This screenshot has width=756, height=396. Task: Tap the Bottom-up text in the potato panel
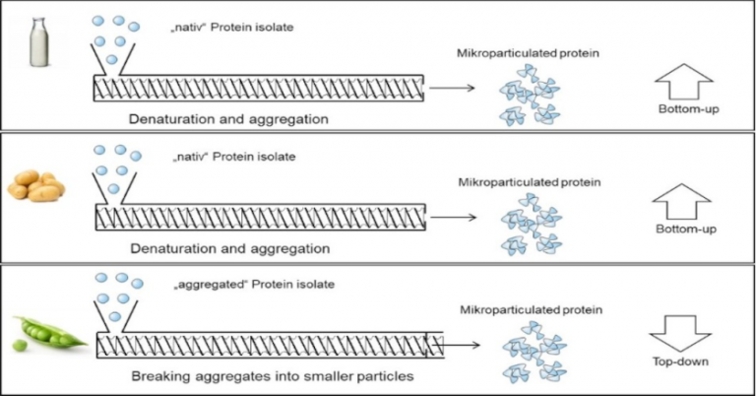pyautogui.click(x=682, y=230)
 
